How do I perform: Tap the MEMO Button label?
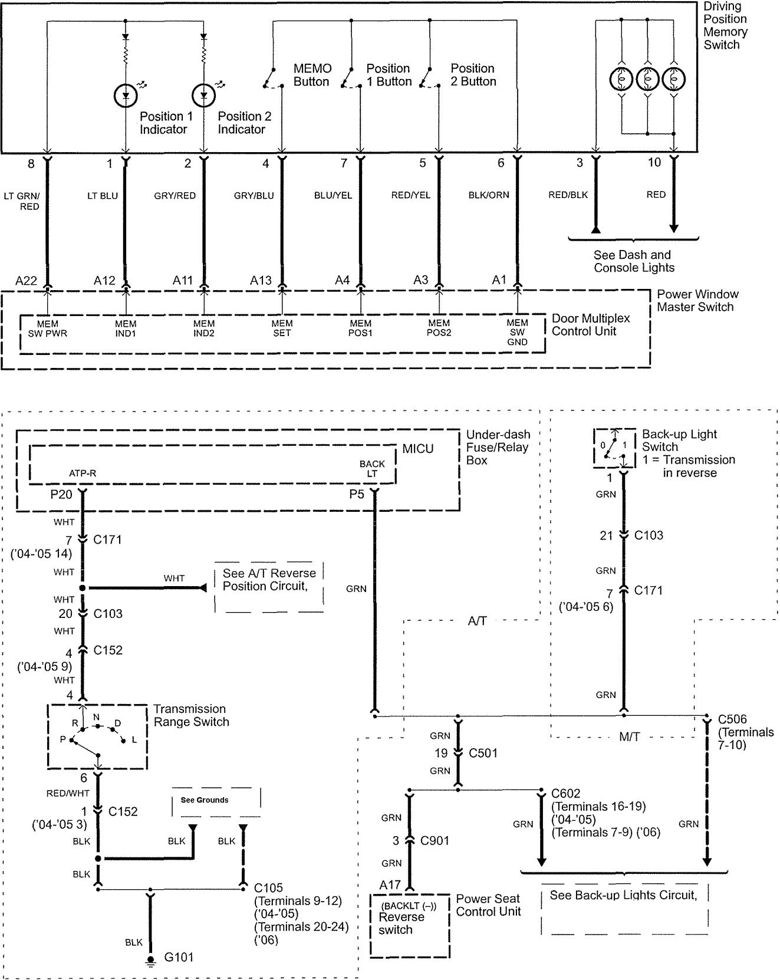click(312, 75)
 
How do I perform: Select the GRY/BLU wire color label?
click(254, 196)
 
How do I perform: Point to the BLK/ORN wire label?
click(489, 195)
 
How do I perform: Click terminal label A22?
click(27, 281)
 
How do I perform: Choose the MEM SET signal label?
click(282, 328)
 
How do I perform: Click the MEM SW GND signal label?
click(517, 332)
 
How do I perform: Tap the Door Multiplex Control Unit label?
click(591, 325)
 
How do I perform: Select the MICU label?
click(418, 449)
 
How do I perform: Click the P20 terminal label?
click(61, 494)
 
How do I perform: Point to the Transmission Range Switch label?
click(191, 715)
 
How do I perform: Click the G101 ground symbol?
click(151, 961)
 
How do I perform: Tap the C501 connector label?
click(483, 753)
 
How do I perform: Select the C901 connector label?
click(435, 841)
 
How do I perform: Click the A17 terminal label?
click(390, 884)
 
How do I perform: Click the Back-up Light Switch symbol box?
click(614, 449)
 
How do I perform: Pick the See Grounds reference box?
click(216, 803)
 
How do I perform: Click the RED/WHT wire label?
click(68, 794)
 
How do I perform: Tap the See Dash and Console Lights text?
click(634, 261)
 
